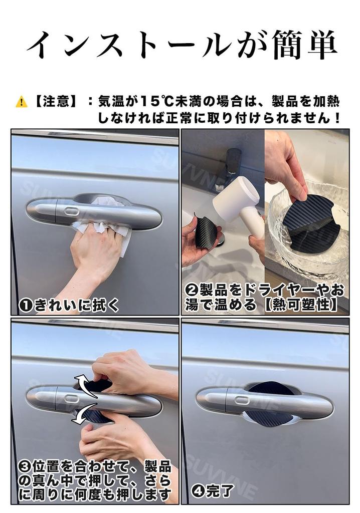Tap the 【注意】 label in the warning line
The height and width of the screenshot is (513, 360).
(56, 102)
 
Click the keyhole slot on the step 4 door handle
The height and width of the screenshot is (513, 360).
(242, 400)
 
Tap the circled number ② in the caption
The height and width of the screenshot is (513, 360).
(191, 290)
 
